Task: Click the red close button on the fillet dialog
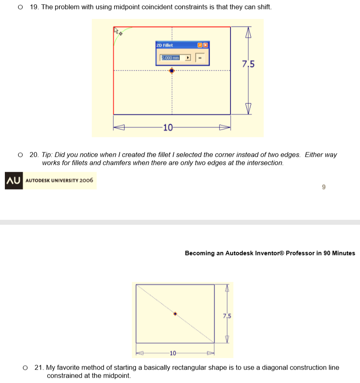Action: click(x=205, y=45)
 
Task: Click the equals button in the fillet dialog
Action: click(x=200, y=58)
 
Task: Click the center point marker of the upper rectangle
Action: click(x=172, y=70)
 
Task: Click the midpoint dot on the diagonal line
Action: click(x=175, y=314)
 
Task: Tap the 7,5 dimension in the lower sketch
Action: click(x=227, y=315)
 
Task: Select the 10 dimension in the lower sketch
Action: click(x=173, y=353)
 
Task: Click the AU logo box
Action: click(x=14, y=181)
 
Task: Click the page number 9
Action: click(x=323, y=187)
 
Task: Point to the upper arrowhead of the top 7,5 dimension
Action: click(x=249, y=32)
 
